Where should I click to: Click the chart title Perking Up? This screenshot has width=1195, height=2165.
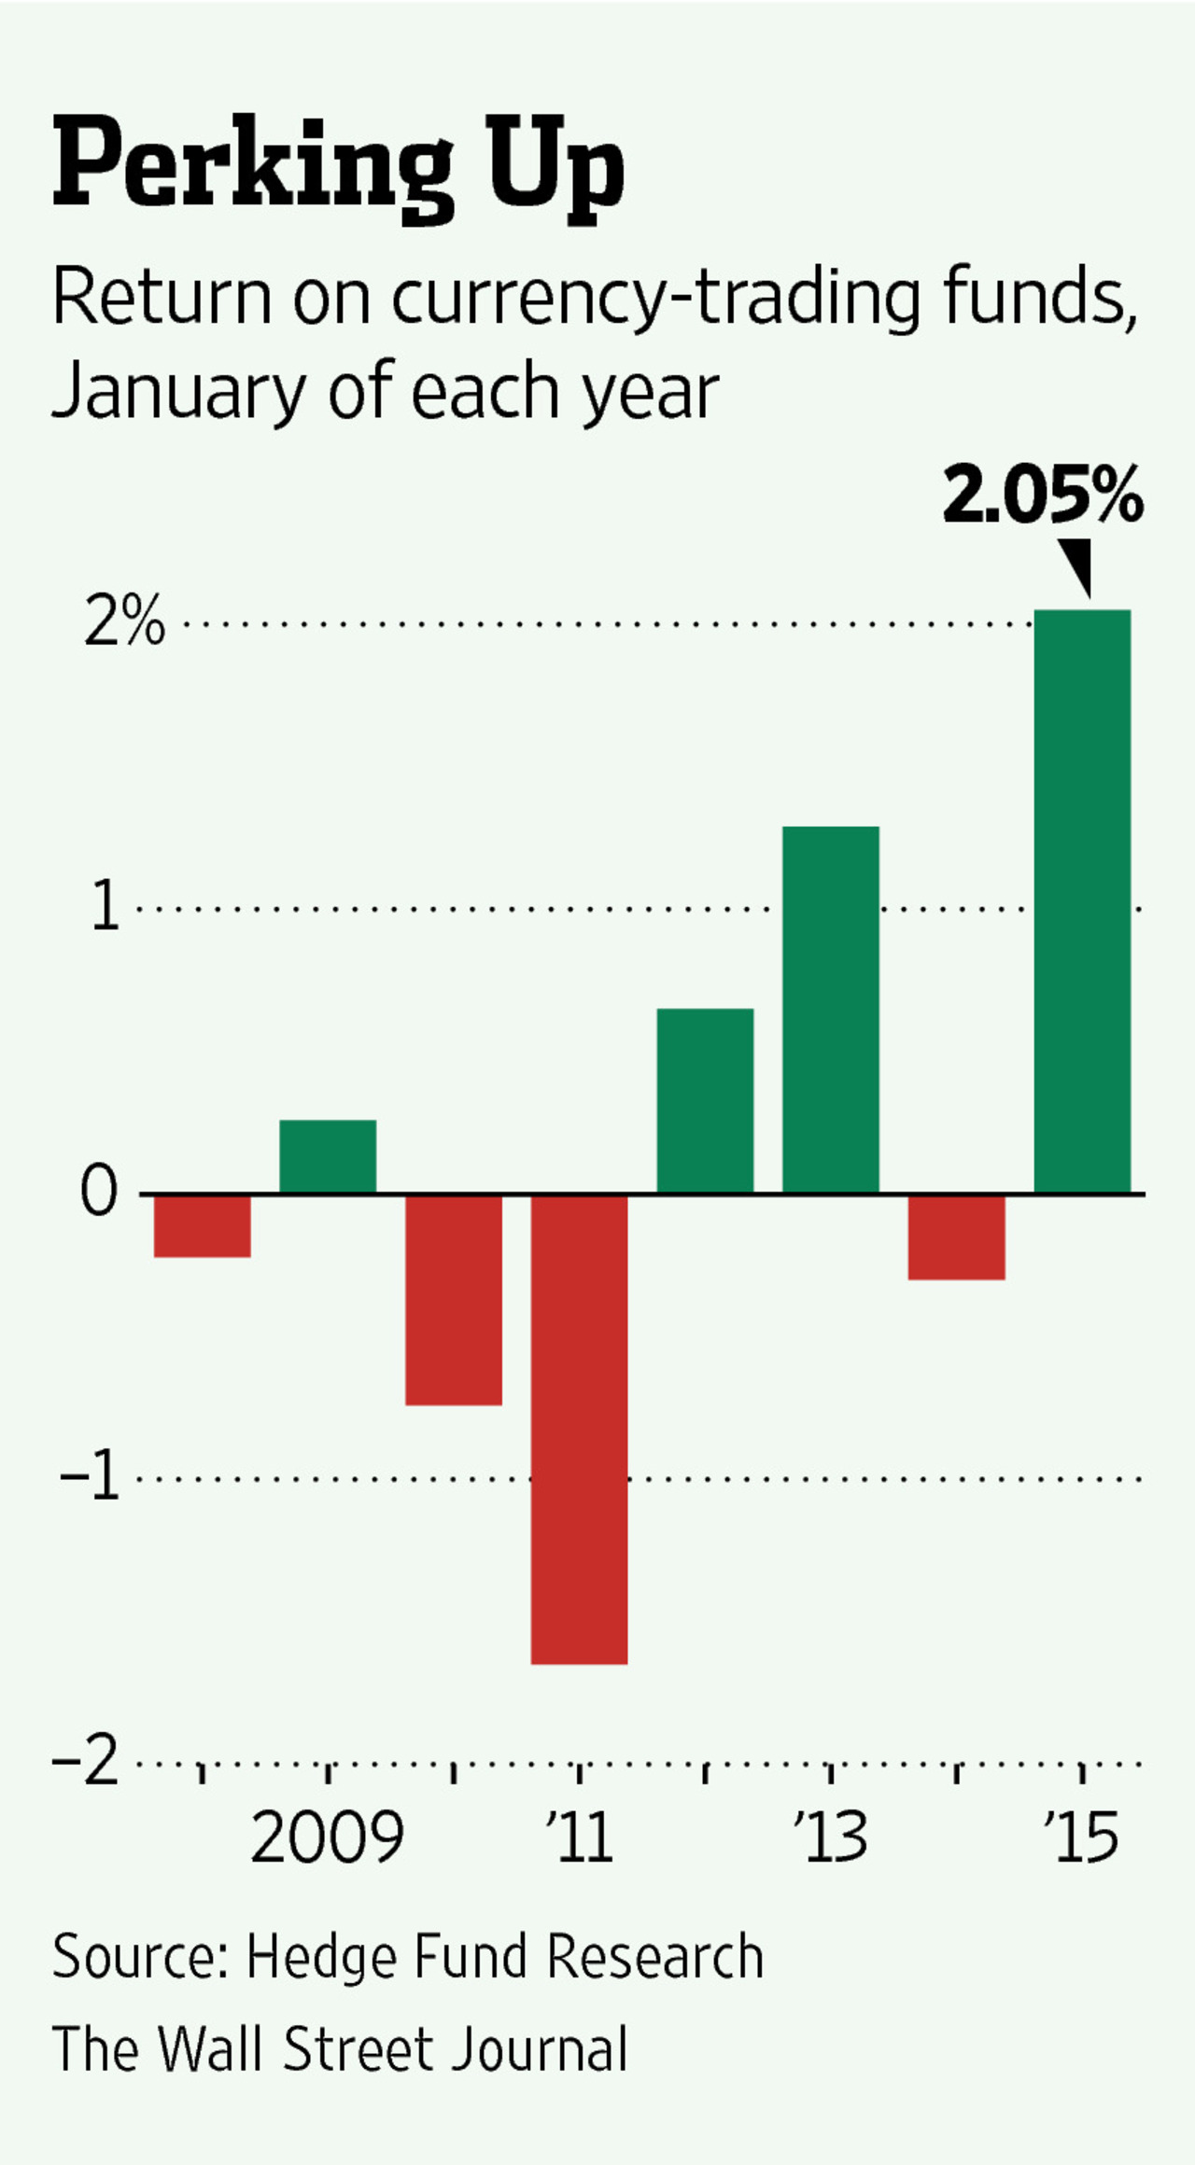pos(338,166)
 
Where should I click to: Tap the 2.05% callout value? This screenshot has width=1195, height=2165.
pos(1043,496)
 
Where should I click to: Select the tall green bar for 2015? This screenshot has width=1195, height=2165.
pos(1082,901)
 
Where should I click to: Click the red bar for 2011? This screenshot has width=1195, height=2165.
pos(579,1428)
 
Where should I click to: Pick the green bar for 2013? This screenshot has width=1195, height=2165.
pos(830,1009)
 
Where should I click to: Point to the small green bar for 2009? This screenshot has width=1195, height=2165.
pos(328,1155)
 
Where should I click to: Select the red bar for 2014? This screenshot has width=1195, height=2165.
pos(956,1236)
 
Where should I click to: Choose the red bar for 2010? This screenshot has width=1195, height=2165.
pos(453,1299)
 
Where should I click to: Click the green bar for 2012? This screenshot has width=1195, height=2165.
pos(705,1100)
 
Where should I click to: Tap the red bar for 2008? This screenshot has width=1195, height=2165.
pos(202,1225)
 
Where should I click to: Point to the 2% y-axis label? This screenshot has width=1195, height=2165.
pos(124,622)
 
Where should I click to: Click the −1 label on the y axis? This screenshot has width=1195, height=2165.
pos(91,1478)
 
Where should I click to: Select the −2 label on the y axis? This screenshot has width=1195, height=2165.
pos(87,1762)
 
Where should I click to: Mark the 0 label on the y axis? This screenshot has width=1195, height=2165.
pos(99,1192)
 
